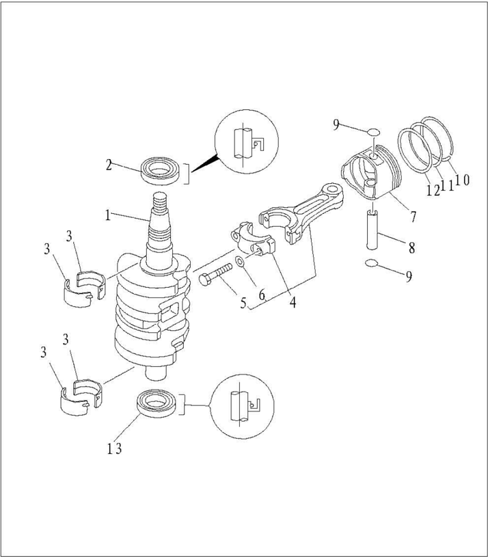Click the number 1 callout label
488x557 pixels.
[x=107, y=215]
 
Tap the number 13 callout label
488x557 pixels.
[x=114, y=448]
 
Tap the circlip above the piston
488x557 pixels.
[x=372, y=132]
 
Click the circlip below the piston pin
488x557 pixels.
[x=372, y=264]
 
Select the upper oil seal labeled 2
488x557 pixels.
[x=163, y=169]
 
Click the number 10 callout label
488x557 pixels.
[x=462, y=180]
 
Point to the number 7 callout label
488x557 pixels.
[x=413, y=217]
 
